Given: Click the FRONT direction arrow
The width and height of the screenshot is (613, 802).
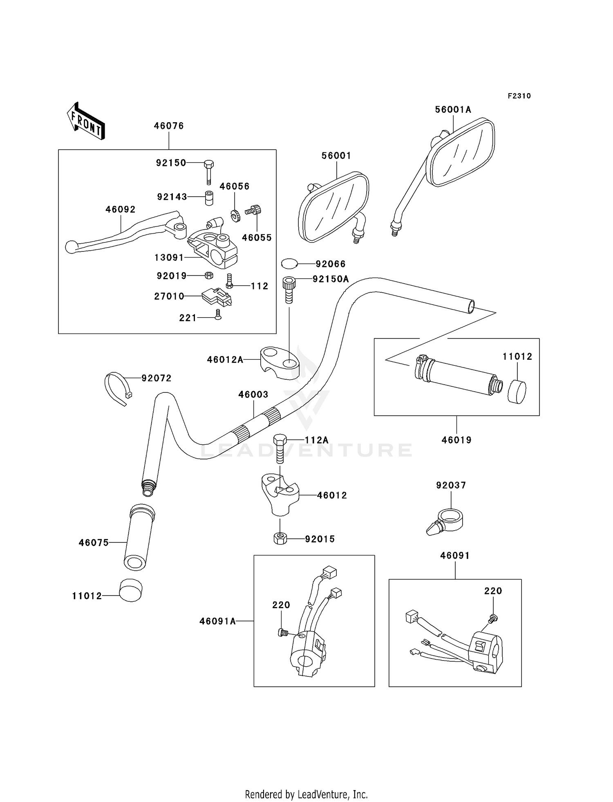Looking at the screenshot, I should pyautogui.click(x=86, y=121).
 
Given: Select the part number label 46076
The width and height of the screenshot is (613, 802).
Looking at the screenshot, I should pyautogui.click(x=169, y=126).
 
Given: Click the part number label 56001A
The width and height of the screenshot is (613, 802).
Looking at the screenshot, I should pyautogui.click(x=453, y=110).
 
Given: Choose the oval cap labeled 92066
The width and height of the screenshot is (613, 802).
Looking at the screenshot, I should pyautogui.click(x=290, y=264).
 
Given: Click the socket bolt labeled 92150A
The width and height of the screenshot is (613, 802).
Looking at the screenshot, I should pyautogui.click(x=289, y=289).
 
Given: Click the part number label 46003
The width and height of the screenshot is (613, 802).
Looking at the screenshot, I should pyautogui.click(x=253, y=394).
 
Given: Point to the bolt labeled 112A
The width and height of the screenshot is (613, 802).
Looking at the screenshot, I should pyautogui.click(x=280, y=448).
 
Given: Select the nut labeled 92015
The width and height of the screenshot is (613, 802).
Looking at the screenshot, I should pyautogui.click(x=280, y=538).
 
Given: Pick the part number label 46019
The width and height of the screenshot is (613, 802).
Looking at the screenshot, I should pyautogui.click(x=456, y=440).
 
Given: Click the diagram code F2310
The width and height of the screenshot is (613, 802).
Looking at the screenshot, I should pyautogui.click(x=519, y=96).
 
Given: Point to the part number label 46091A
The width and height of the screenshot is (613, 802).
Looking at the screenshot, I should pyautogui.click(x=217, y=621).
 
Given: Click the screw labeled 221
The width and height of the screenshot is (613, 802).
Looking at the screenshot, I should pyautogui.click(x=218, y=314).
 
